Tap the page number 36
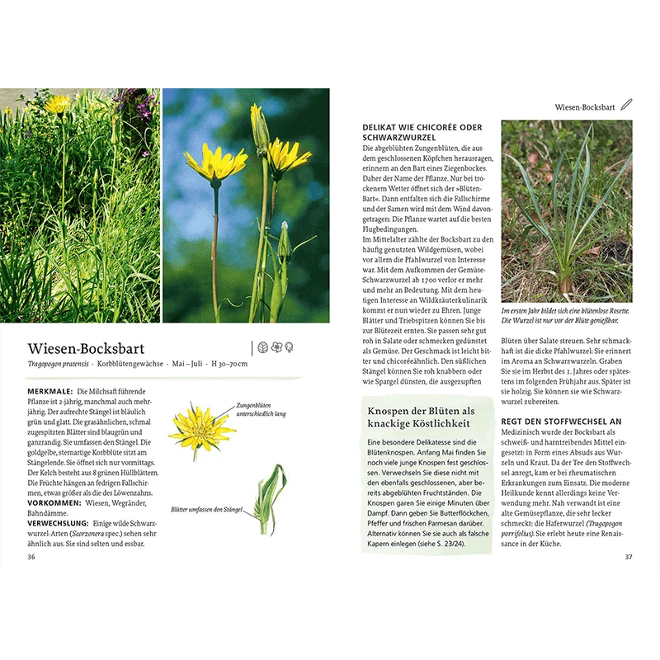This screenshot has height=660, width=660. [x=31, y=557]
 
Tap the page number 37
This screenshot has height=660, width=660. [x=628, y=557]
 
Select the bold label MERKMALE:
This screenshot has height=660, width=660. [x=49, y=391]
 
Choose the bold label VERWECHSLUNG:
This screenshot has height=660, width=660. [x=58, y=523]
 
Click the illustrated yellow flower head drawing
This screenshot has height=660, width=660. [x=200, y=428]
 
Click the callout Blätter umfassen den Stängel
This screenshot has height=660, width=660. [x=207, y=510]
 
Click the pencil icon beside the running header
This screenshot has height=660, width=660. [x=626, y=105]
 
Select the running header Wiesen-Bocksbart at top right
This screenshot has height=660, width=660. [x=585, y=106]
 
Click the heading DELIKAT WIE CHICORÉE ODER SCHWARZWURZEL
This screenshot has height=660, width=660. [x=422, y=133]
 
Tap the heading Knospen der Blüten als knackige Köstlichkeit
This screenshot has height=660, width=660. [x=421, y=417]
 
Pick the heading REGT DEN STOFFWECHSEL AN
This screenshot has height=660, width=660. [x=561, y=421]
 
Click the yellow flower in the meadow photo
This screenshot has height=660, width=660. [x=58, y=105]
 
